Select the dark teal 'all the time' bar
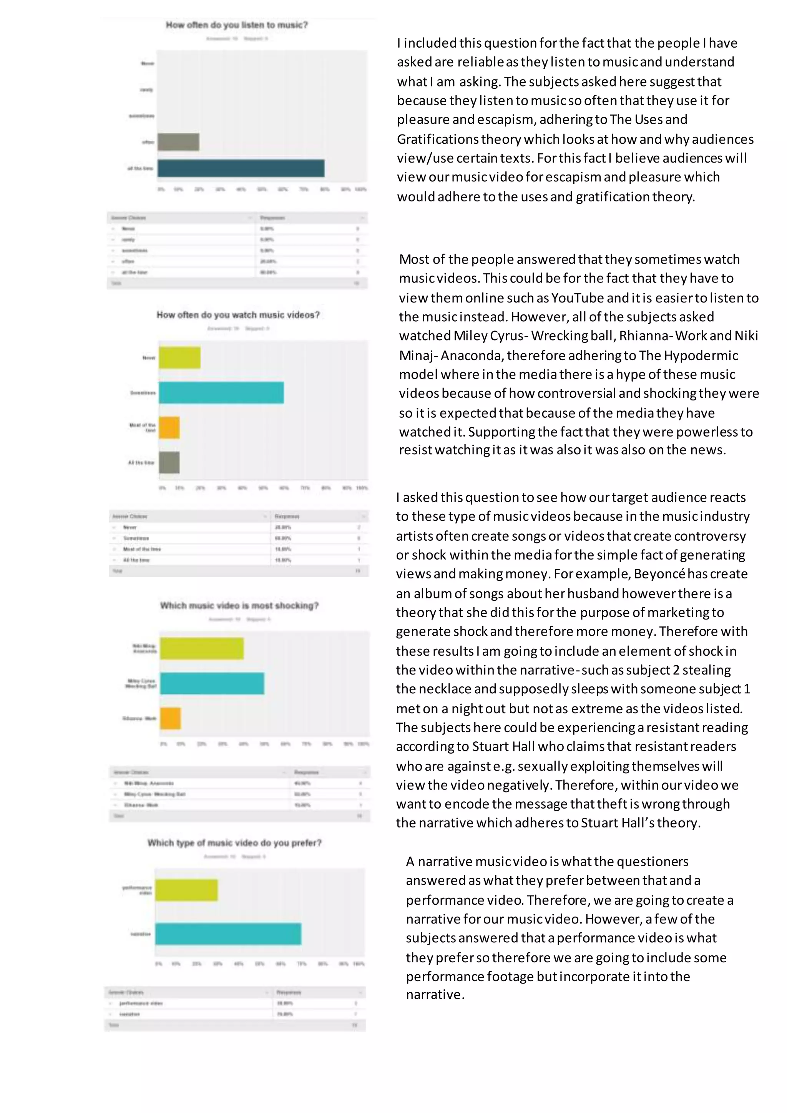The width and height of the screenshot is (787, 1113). pos(241,168)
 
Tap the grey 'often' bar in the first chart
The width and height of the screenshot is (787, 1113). pos(178,142)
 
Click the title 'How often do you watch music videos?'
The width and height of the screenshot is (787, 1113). pos(238,315)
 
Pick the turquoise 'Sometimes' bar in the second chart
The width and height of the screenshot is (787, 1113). pos(221,393)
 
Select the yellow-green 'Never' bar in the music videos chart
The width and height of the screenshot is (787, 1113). pos(179,358)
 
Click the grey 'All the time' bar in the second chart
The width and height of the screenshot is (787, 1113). pos(169,462)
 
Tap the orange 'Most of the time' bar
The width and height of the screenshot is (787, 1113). pos(169,427)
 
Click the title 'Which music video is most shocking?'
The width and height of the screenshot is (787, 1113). pos(239,605)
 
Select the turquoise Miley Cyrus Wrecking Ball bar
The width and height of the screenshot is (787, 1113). pos(212,683)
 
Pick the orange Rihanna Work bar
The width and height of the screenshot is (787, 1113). pos(171,718)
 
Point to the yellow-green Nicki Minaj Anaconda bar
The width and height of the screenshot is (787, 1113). pos(202,649)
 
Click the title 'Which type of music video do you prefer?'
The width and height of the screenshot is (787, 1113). pos(234,843)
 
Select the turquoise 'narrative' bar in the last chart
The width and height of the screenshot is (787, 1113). pos(228,934)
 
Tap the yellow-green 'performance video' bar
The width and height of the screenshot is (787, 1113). pos(187,890)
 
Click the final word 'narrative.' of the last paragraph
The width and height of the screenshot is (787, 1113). pos(435,995)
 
